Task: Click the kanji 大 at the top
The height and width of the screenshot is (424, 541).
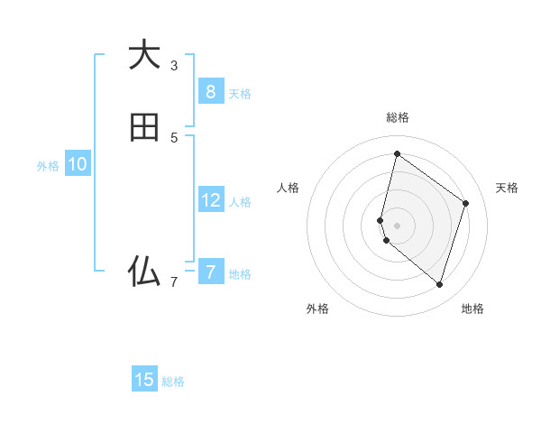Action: [x=144, y=55]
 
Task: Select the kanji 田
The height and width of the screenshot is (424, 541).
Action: [x=144, y=127]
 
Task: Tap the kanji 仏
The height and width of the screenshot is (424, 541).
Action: [x=144, y=271]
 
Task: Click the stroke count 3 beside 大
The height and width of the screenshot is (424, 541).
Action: [x=174, y=66]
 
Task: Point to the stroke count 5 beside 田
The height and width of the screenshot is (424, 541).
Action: [x=174, y=138]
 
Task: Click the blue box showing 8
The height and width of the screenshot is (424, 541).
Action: [x=210, y=91]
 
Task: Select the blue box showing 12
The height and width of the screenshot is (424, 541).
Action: [x=210, y=200]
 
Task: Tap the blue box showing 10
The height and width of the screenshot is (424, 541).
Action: [x=78, y=164]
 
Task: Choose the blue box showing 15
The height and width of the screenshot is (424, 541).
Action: [x=144, y=380]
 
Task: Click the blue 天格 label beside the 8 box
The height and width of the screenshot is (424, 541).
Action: [x=240, y=93]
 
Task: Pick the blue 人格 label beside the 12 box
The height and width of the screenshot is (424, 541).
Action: [x=240, y=202]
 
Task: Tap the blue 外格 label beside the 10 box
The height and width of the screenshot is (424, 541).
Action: [x=48, y=166]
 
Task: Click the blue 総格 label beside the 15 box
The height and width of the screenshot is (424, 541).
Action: [x=173, y=382]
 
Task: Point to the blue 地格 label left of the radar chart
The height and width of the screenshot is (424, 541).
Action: [x=240, y=274]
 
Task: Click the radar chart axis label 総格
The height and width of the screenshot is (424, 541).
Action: [x=397, y=117]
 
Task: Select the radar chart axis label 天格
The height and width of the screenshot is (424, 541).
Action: [x=507, y=188]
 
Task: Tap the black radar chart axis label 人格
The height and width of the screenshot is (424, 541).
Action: [x=288, y=188]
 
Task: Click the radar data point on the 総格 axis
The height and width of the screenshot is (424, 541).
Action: [x=397, y=153]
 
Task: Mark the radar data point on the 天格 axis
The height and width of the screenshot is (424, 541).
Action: [x=466, y=203]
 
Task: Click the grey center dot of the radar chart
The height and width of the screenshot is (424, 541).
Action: [x=397, y=225]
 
